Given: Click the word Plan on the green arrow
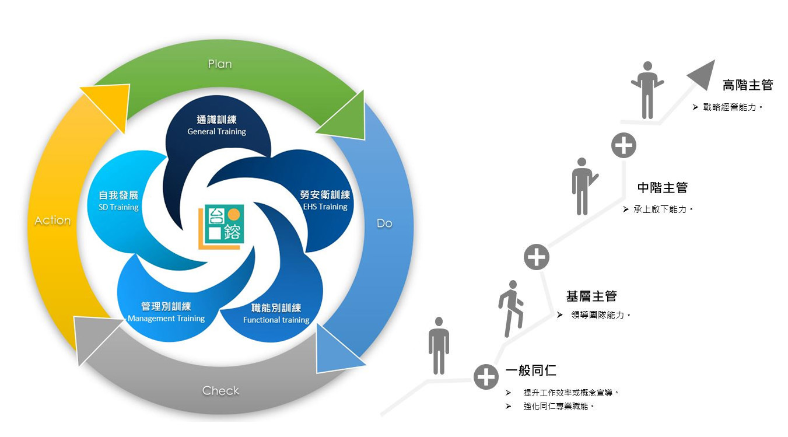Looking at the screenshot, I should point(220,64).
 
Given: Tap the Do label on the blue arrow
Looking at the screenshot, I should point(384,223).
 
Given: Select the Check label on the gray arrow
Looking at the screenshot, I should point(220,390).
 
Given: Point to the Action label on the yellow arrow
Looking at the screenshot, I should point(52,221).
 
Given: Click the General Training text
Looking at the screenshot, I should point(216,132).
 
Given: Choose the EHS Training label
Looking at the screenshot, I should point(325,207).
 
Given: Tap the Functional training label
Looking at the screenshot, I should point(276,320).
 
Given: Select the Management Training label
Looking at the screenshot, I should point(166,319).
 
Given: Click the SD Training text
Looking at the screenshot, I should point(118,207).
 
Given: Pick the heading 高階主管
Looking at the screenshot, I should point(747,85).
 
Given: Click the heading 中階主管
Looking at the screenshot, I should point(662,188).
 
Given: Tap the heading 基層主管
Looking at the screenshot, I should point(591,296).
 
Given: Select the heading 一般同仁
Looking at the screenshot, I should point(531,370).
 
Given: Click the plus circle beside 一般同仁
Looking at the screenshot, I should point(486,377).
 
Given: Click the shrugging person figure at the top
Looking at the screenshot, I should point(647,90).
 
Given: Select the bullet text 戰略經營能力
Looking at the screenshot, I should point(733,107).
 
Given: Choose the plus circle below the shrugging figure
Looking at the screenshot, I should point(624,145).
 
